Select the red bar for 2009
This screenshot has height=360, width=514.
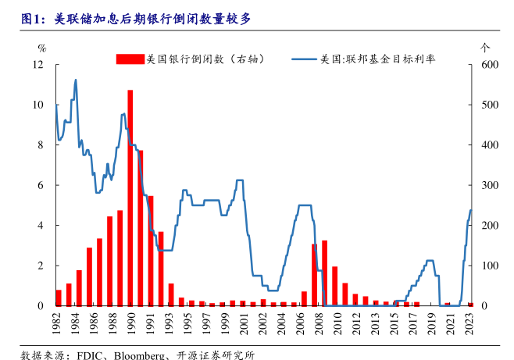324,273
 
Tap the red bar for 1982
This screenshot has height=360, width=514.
59,298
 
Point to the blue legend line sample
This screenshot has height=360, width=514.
305,59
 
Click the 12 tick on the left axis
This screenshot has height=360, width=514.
43,65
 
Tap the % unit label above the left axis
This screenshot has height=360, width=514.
42,48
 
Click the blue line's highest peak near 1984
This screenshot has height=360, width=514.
76,80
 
